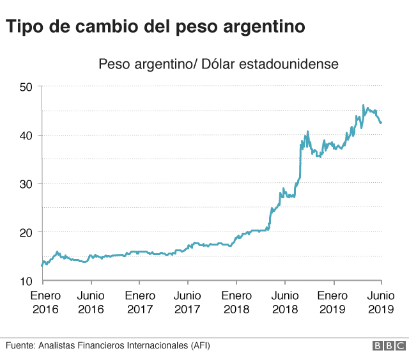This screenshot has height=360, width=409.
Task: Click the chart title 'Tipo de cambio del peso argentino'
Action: [x=155, y=27]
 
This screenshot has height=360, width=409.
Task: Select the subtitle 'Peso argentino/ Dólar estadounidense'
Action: [x=218, y=65]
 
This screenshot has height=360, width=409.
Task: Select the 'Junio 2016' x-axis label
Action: [x=91, y=303]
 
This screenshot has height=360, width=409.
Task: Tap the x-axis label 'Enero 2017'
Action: [x=140, y=303]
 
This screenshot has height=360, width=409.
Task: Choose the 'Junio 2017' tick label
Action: [x=188, y=303]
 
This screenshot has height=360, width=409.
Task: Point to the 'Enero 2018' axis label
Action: [x=236, y=303]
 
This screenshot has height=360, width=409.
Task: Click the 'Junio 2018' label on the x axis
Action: [x=285, y=303]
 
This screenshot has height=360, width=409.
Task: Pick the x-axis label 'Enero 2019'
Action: [x=333, y=303]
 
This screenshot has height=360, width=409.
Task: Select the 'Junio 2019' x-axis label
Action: [x=382, y=303]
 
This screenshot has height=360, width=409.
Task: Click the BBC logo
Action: [x=389, y=346]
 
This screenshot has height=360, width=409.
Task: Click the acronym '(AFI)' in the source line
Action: [x=199, y=346]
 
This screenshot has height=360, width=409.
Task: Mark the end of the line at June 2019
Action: [x=382, y=123]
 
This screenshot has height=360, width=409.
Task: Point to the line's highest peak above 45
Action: [x=363, y=106]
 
